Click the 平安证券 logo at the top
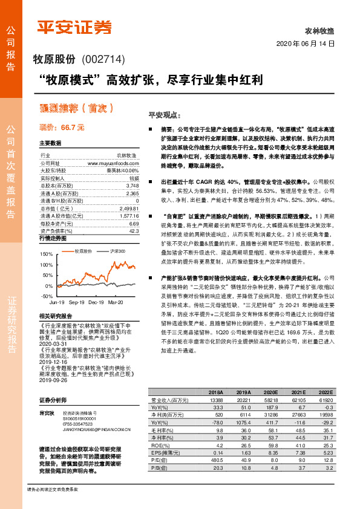point(74,27)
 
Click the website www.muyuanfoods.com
point(113,163)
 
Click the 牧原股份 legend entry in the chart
point(82,250)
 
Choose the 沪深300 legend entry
point(117,250)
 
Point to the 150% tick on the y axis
point(47,256)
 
